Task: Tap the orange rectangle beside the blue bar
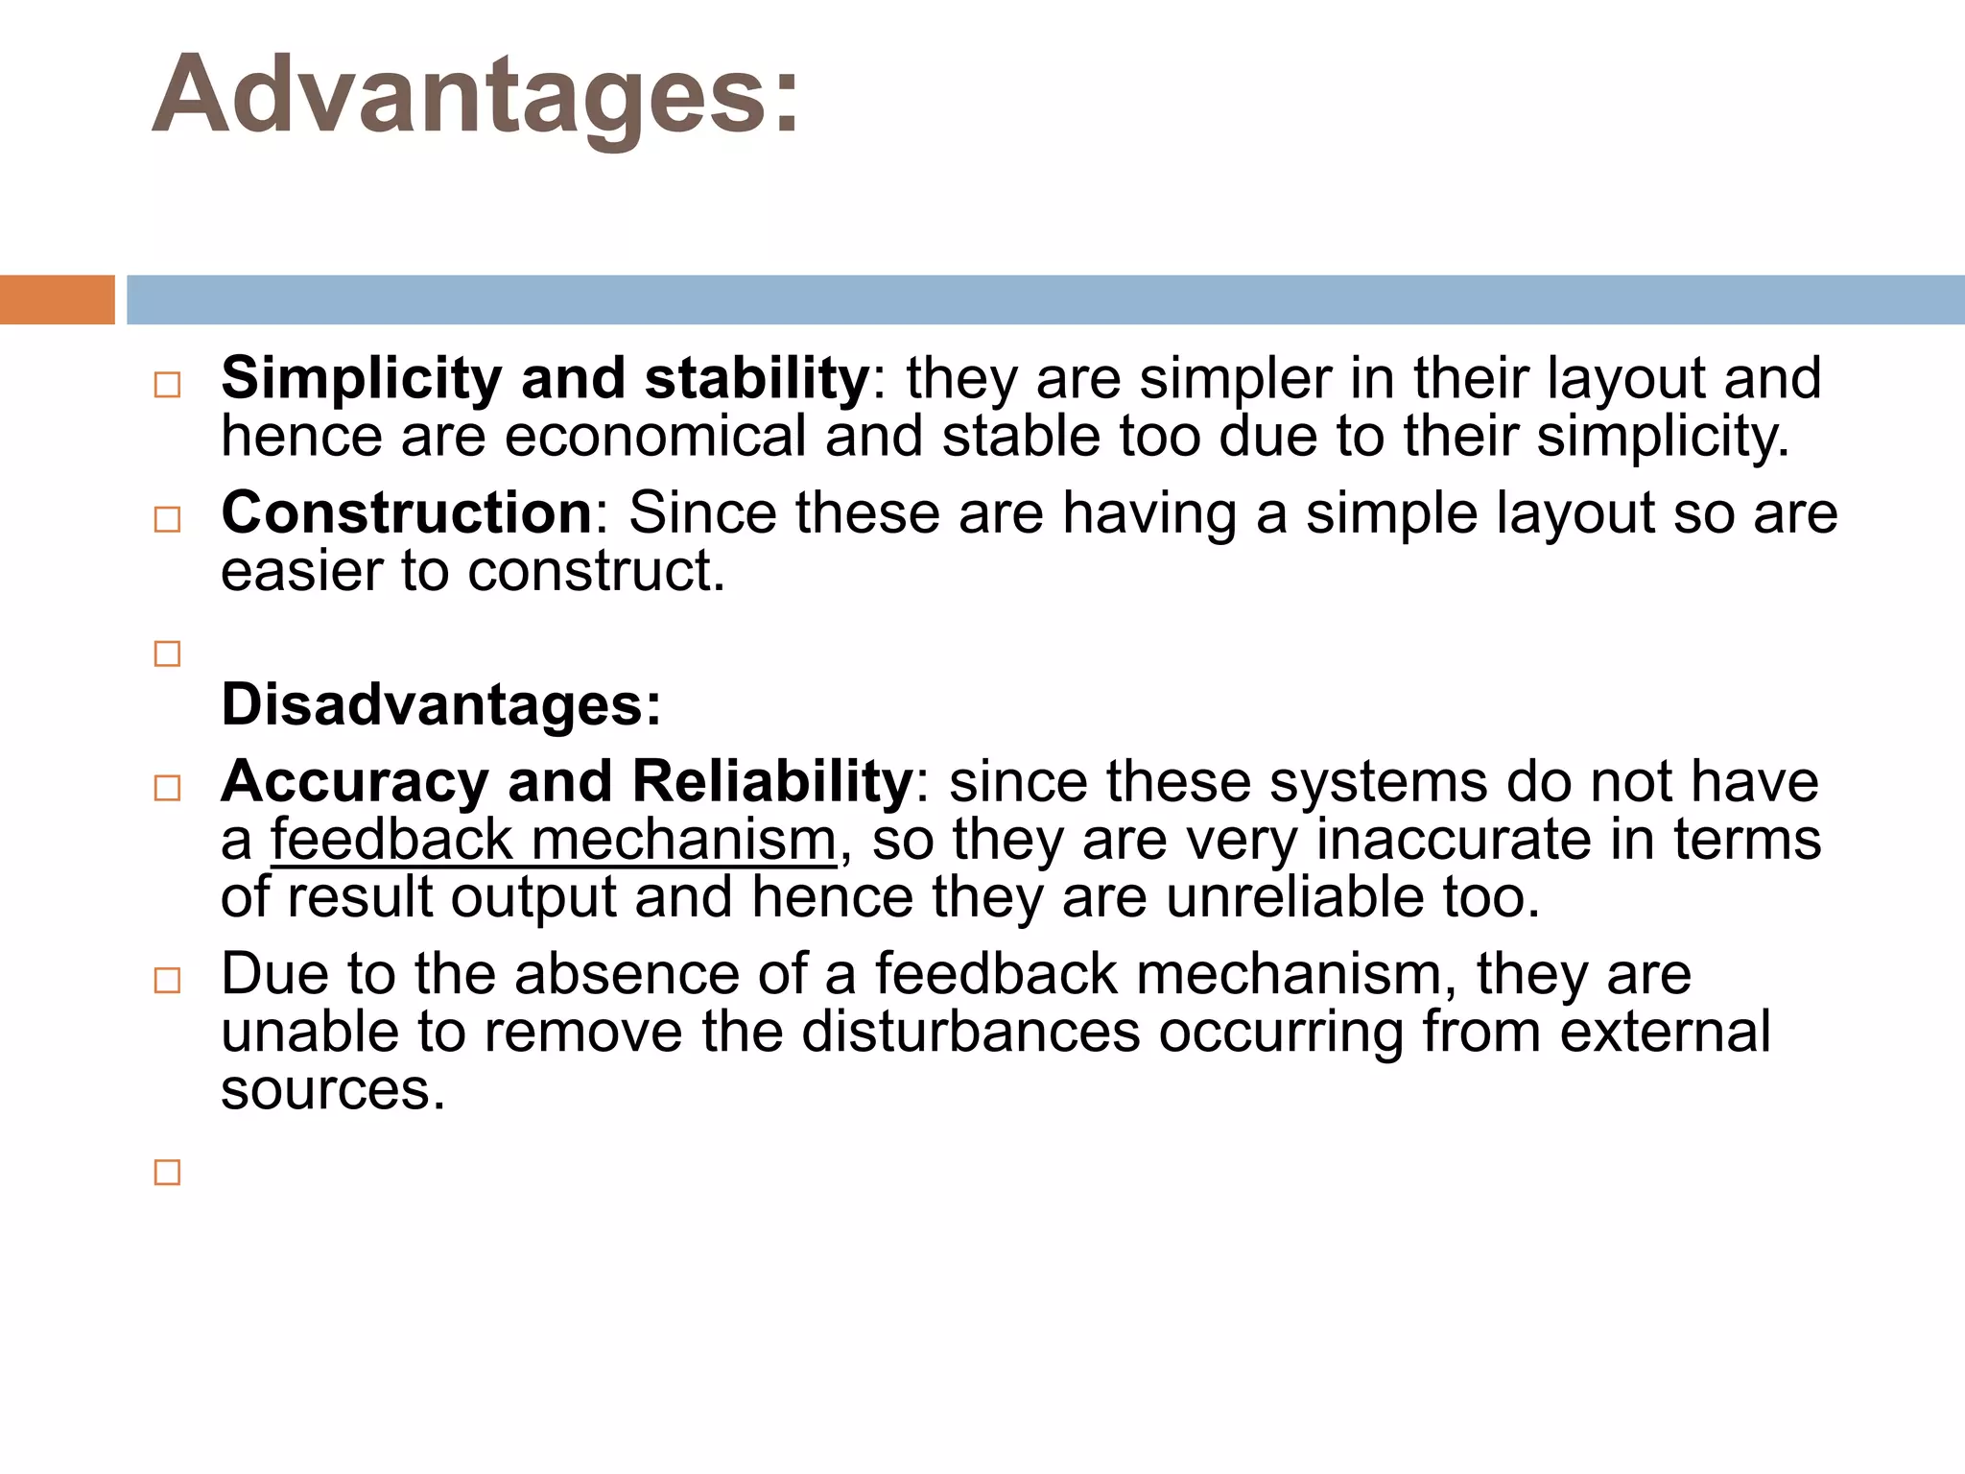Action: click(57, 299)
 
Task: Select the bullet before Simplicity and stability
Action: click(167, 385)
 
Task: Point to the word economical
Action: click(654, 436)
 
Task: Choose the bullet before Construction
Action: click(167, 519)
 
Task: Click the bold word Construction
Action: click(407, 512)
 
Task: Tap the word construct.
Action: click(595, 571)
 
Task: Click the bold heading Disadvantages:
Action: click(441, 704)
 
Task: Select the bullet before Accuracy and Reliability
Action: click(167, 788)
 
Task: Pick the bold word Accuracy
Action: click(355, 781)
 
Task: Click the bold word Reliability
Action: click(771, 781)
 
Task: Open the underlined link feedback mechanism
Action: click(554, 840)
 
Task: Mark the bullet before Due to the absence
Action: click(167, 980)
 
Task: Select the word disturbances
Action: click(970, 1032)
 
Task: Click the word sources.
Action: click(333, 1091)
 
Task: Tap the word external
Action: click(1665, 1032)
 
